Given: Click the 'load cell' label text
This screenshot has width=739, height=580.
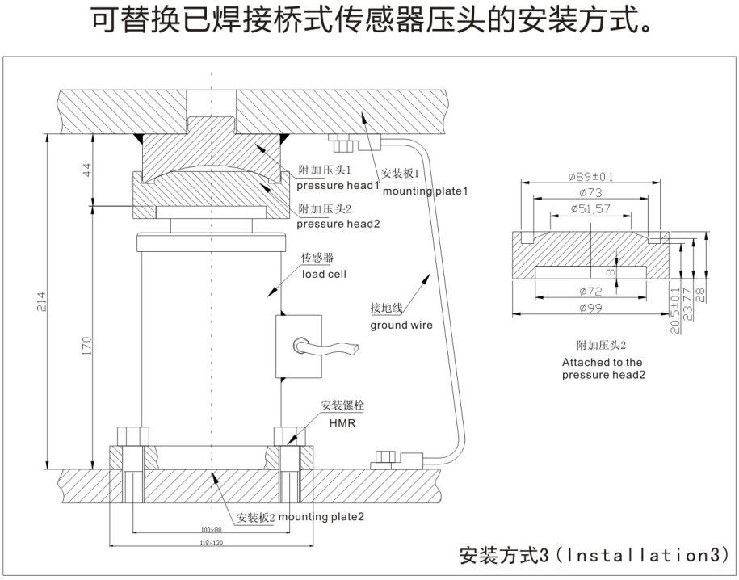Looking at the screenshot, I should (325, 274).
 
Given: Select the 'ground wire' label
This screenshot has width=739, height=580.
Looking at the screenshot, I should (401, 326).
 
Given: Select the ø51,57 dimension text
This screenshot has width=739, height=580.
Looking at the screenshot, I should (590, 209).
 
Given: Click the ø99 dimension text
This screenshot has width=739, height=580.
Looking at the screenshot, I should (591, 308).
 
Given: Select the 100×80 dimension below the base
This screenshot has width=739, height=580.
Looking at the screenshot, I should (212, 530).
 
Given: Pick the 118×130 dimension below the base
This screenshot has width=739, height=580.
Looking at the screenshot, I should (212, 543).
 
